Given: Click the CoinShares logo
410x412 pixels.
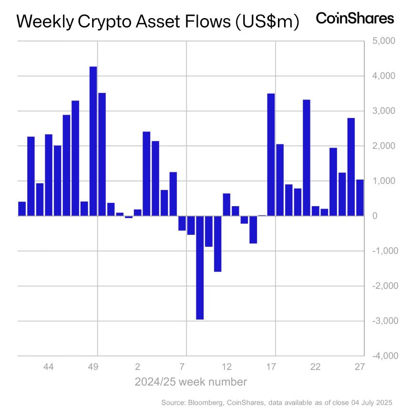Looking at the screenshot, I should pyautogui.click(x=355, y=19).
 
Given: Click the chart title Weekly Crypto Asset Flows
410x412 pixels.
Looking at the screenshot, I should pyautogui.click(x=157, y=21).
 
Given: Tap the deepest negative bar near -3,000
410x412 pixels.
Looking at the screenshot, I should pyautogui.click(x=200, y=267).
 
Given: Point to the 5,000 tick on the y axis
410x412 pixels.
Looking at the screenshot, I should pyautogui.click(x=380, y=41).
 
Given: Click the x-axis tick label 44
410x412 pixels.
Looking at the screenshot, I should pyautogui.click(x=48, y=367).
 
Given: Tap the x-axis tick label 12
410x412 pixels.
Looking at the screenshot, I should pyautogui.click(x=226, y=367).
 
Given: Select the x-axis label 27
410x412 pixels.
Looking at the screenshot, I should pyautogui.click(x=359, y=367).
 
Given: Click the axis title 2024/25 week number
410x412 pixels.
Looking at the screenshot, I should pyautogui.click(x=191, y=382).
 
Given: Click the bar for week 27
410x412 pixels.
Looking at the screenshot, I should pyautogui.click(x=360, y=198).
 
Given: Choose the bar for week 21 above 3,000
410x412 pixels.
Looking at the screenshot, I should pyautogui.click(x=307, y=158).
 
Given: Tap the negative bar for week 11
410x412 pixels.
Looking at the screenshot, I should pyautogui.click(x=217, y=243).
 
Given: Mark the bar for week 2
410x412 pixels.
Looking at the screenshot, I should pyautogui.click(x=138, y=212).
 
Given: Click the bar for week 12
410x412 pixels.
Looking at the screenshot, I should pyautogui.click(x=226, y=205).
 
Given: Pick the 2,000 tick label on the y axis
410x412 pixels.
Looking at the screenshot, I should pyautogui.click(x=380, y=146).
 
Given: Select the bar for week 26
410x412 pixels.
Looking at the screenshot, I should pyautogui.click(x=351, y=167).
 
